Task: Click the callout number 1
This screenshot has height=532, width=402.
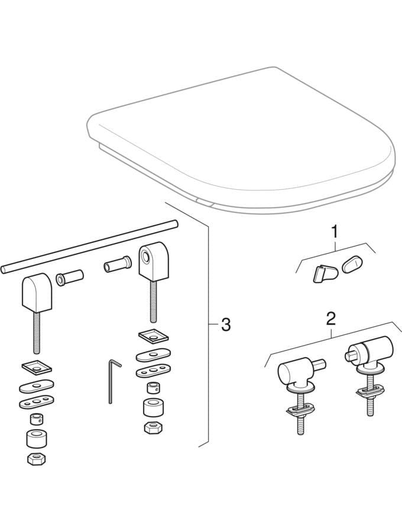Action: (335, 232)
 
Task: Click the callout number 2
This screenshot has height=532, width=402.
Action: (330, 319)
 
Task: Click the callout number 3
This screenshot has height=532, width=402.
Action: (226, 325)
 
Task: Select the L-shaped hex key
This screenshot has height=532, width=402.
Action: (113, 381)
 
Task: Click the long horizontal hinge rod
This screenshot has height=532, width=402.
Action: (89, 245)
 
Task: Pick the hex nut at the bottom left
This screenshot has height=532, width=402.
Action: (36, 458)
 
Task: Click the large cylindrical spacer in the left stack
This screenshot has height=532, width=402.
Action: (36, 439)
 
